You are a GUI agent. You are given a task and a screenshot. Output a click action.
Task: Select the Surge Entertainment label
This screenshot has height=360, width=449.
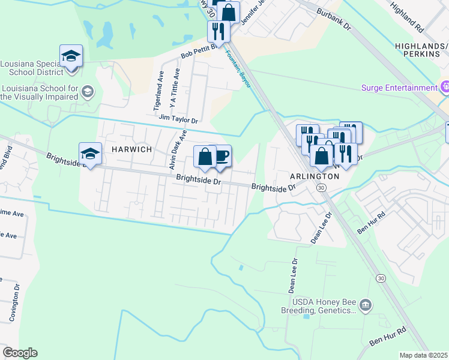[399, 88]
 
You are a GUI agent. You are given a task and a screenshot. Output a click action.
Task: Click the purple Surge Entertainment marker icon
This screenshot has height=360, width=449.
[445, 88]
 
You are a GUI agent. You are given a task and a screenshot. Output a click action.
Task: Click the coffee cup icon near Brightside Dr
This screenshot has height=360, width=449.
[222, 156]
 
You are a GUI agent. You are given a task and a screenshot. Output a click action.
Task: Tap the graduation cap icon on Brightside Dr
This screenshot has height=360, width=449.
[90, 154]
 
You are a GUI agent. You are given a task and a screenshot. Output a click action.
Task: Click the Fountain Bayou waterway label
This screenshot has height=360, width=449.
[238, 69]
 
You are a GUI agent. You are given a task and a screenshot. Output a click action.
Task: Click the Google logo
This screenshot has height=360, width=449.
[20, 353]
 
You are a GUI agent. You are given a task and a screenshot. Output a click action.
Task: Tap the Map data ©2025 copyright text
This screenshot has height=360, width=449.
[424, 355]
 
